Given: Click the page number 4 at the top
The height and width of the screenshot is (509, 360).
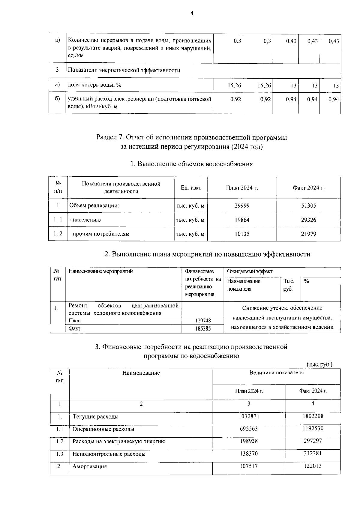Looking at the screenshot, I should point(192,13).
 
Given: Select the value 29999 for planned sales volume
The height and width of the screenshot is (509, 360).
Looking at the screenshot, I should point(242,206).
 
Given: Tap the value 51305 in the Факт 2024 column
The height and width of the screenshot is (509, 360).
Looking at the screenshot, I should point(308,206).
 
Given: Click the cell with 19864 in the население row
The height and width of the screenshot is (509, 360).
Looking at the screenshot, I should point(242,220).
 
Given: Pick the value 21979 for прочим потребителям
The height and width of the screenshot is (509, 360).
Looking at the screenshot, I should point(308,234).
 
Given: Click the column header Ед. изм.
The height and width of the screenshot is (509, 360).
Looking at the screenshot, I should point(191,188).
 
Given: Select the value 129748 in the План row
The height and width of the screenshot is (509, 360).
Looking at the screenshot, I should point(203,321).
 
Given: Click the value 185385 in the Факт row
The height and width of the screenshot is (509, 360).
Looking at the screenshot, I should point(203,329).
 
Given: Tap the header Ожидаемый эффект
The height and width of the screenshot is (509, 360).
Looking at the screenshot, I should point(250,272).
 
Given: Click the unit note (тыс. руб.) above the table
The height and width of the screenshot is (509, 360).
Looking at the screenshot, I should point(319,364).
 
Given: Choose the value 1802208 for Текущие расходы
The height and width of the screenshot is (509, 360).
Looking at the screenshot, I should point(313,416).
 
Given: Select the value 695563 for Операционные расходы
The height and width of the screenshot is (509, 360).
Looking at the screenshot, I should point(249,429).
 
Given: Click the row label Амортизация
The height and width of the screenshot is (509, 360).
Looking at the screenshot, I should point(90,467).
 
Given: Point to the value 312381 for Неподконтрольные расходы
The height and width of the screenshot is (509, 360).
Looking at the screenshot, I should point(313,454).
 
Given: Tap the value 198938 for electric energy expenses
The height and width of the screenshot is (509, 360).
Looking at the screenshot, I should point(249,441).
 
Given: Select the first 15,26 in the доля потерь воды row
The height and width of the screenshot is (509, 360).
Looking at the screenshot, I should point(234,86).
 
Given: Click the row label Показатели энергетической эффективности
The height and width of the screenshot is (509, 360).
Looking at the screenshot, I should point(124,70).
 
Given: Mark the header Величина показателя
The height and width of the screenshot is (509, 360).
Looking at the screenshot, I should point(276,373).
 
